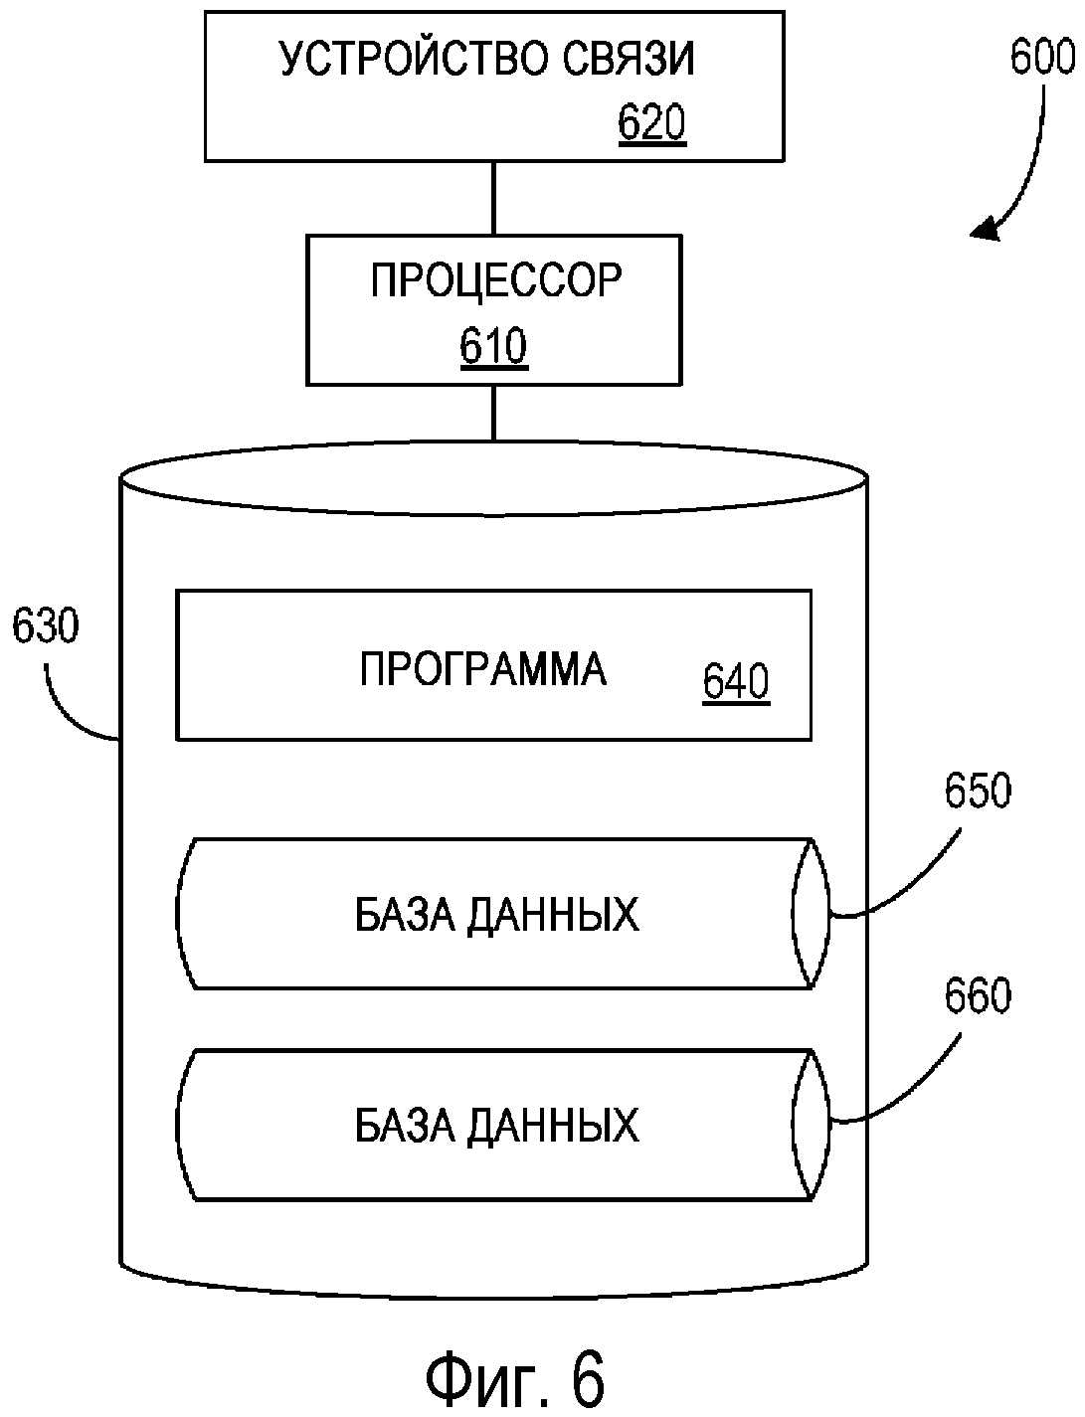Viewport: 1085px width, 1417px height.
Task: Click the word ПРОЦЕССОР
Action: (x=494, y=281)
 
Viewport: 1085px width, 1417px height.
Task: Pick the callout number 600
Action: (x=1041, y=61)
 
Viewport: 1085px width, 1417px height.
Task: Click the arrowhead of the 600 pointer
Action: (x=985, y=233)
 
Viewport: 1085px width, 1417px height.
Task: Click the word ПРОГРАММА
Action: (x=482, y=670)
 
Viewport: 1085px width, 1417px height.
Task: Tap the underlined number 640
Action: (x=736, y=683)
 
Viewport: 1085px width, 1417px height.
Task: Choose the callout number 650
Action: (x=977, y=792)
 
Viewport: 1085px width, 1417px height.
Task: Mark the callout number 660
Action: (x=977, y=997)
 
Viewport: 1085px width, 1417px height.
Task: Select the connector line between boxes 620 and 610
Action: (x=493, y=198)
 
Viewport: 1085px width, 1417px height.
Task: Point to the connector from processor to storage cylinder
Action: (x=493, y=412)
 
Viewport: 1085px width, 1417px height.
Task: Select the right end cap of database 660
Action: (x=810, y=1124)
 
